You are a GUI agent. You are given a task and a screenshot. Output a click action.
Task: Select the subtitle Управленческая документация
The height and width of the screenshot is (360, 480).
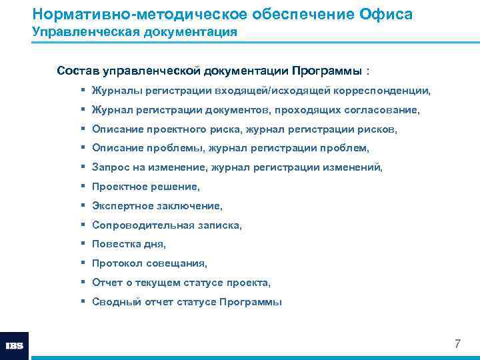click(135, 32)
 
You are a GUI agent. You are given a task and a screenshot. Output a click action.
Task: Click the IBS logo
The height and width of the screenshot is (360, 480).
click(14, 346)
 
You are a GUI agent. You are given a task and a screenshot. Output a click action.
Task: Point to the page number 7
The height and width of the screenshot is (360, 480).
click(457, 344)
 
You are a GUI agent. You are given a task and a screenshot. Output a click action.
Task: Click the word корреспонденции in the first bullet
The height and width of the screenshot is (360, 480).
click(387, 90)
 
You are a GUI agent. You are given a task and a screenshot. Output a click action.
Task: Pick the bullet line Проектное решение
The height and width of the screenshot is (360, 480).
click(146, 187)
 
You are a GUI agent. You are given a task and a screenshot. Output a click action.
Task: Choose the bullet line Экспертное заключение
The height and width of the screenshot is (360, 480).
click(157, 206)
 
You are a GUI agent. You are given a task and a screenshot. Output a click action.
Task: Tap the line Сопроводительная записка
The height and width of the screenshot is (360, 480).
click(167, 225)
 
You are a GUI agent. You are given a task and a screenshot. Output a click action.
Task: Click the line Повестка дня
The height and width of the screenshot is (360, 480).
click(129, 244)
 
